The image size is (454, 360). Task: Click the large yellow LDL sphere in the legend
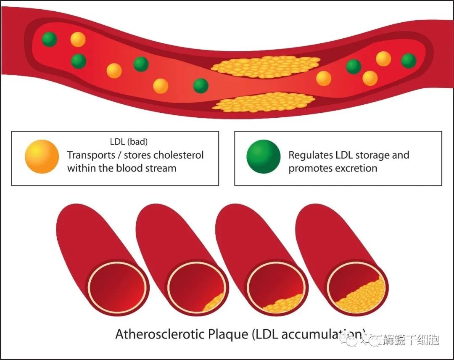tap(42, 156)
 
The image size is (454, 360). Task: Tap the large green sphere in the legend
tap(263, 156)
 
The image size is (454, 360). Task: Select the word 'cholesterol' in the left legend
tap(178, 155)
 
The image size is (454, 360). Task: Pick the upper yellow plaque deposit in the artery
tap(265, 66)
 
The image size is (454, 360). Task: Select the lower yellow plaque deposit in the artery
tap(264, 102)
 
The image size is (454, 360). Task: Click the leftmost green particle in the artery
tap(50, 39)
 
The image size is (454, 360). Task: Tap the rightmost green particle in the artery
tap(409, 61)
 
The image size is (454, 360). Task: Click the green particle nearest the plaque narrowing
tap(201, 85)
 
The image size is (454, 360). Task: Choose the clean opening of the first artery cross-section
tap(118, 287)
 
